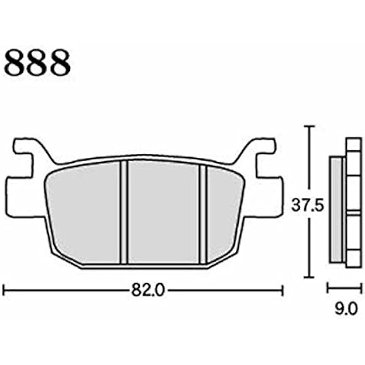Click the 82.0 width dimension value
[143, 291]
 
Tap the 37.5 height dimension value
[308, 207]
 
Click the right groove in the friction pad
[203, 214]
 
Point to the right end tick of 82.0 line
[283, 291]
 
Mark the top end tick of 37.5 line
[310, 127]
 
